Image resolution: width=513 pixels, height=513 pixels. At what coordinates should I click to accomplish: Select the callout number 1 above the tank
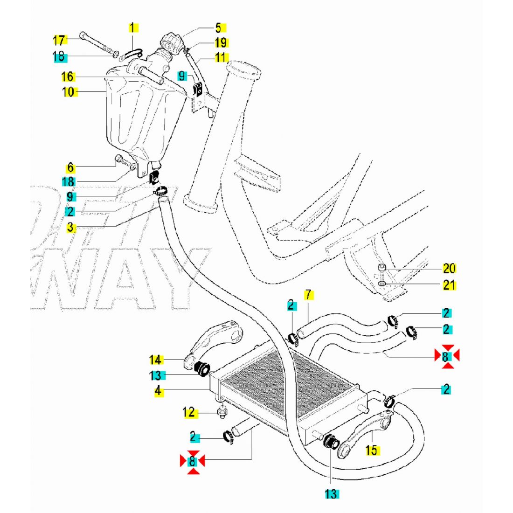coord(132,28)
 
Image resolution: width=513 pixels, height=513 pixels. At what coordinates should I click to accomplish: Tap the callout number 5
coord(218,28)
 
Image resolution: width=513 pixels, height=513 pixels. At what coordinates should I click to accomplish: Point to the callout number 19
coord(221,43)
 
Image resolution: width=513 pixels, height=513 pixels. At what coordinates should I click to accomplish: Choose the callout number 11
coord(221,57)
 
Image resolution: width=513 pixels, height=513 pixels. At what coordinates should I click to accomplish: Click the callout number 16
coord(68,76)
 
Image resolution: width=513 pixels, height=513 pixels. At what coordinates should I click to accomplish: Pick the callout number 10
coord(68,91)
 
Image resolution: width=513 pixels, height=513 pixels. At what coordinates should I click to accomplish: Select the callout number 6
coord(70,166)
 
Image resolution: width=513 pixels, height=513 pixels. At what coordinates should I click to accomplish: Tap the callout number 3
coord(70,228)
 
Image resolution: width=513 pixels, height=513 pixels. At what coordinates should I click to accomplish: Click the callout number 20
coord(449,268)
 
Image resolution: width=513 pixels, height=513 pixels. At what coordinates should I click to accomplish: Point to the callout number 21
coord(449,284)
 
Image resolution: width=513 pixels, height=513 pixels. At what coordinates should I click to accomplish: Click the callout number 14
coord(155,360)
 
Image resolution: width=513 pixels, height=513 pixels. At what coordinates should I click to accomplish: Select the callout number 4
coord(159,391)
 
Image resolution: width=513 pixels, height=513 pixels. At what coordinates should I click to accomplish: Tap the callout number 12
coord(188,412)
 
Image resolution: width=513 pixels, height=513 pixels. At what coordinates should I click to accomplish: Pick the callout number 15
coord(371,451)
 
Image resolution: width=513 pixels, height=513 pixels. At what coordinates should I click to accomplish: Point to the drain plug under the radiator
coord(222,412)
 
